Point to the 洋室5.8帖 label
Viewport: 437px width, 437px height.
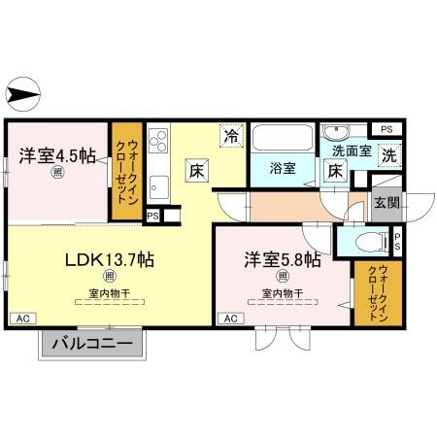point(280,259)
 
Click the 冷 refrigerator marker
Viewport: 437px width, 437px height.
point(230,137)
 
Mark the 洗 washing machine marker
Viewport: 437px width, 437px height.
point(387,152)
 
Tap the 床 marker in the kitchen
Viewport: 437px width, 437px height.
point(196,171)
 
